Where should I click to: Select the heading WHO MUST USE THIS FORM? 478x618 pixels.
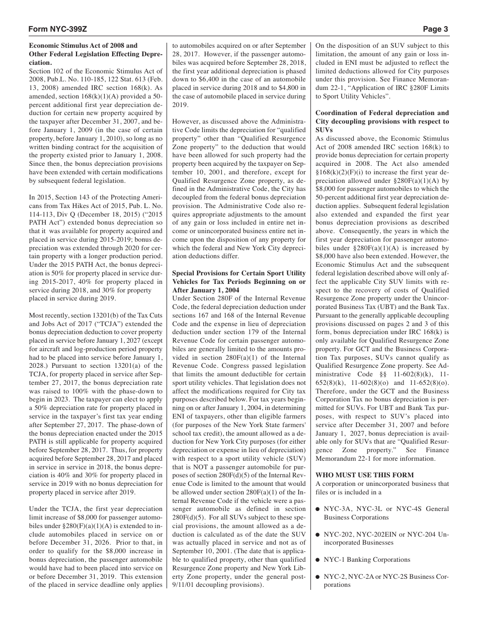pos(364,475)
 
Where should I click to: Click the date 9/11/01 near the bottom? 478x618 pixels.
pos(184,585)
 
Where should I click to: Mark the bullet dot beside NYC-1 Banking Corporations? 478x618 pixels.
pos(318,560)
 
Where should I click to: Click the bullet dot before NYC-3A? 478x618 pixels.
pos(318,509)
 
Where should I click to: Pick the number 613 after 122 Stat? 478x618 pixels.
pos(136,80)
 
